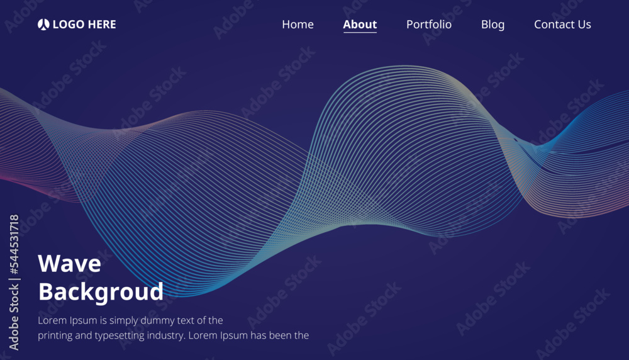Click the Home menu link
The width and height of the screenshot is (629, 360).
pyautogui.click(x=298, y=25)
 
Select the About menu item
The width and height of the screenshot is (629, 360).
pyautogui.click(x=360, y=25)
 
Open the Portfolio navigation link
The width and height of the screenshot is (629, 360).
pyautogui.click(x=428, y=25)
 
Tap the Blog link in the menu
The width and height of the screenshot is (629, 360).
pyautogui.click(x=493, y=25)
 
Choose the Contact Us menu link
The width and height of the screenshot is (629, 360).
pyautogui.click(x=562, y=25)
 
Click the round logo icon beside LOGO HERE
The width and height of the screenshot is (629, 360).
pyautogui.click(x=43, y=25)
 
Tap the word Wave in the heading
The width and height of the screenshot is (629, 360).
pyautogui.click(x=69, y=263)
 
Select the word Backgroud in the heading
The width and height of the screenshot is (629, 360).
pyautogui.click(x=101, y=292)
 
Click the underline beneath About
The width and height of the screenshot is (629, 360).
pyautogui.click(x=360, y=32)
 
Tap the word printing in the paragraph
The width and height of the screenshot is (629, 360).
pyautogui.click(x=55, y=335)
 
